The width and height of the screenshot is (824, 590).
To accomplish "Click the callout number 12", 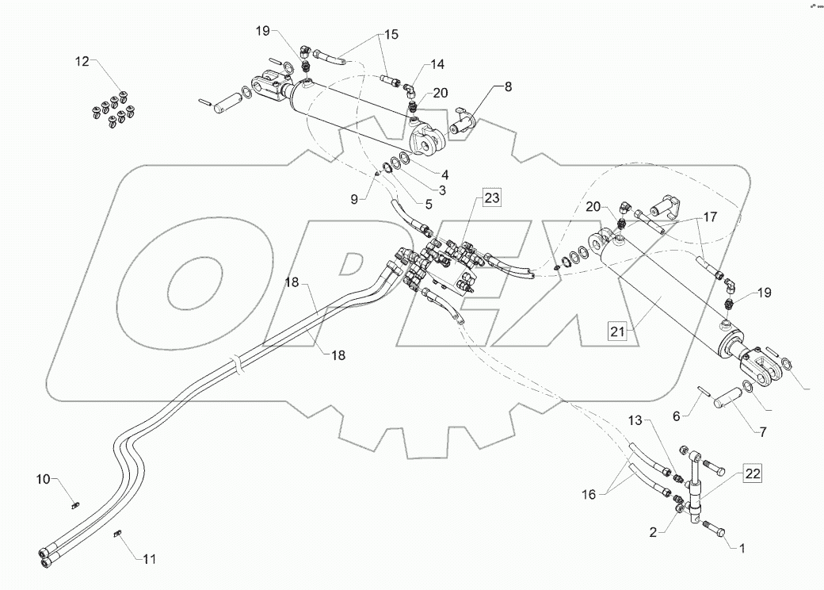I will tap(83, 61).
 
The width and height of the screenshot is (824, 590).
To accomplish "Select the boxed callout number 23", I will tap(491, 198).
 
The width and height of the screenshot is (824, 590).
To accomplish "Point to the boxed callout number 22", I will tap(753, 475).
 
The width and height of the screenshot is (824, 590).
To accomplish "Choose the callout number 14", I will tap(438, 64).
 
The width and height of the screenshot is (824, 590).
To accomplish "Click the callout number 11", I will tap(150, 559).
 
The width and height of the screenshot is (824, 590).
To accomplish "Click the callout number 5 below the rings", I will tap(429, 203).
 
